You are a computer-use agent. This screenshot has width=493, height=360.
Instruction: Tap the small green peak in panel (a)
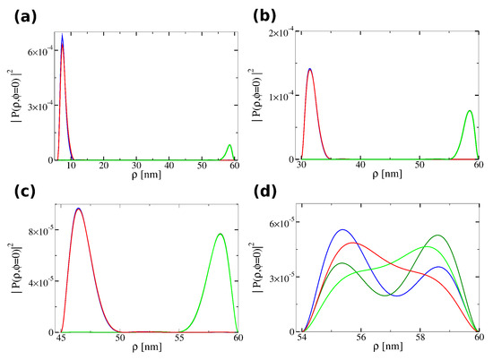tap(230, 145)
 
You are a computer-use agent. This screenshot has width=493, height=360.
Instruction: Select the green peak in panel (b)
tap(470, 111)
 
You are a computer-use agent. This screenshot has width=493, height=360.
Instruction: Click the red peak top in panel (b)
tap(310, 69)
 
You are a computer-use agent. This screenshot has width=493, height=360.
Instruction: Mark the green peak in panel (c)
tap(221, 235)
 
